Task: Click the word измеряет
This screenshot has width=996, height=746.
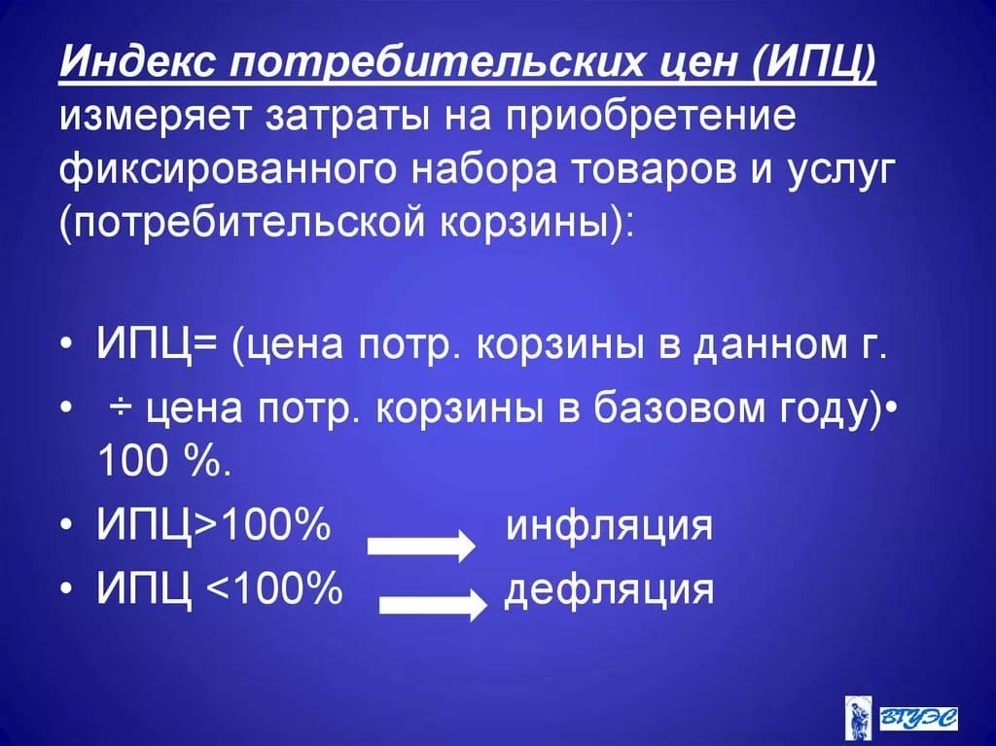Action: pos(157,117)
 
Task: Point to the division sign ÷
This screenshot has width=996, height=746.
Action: pos(121,408)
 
